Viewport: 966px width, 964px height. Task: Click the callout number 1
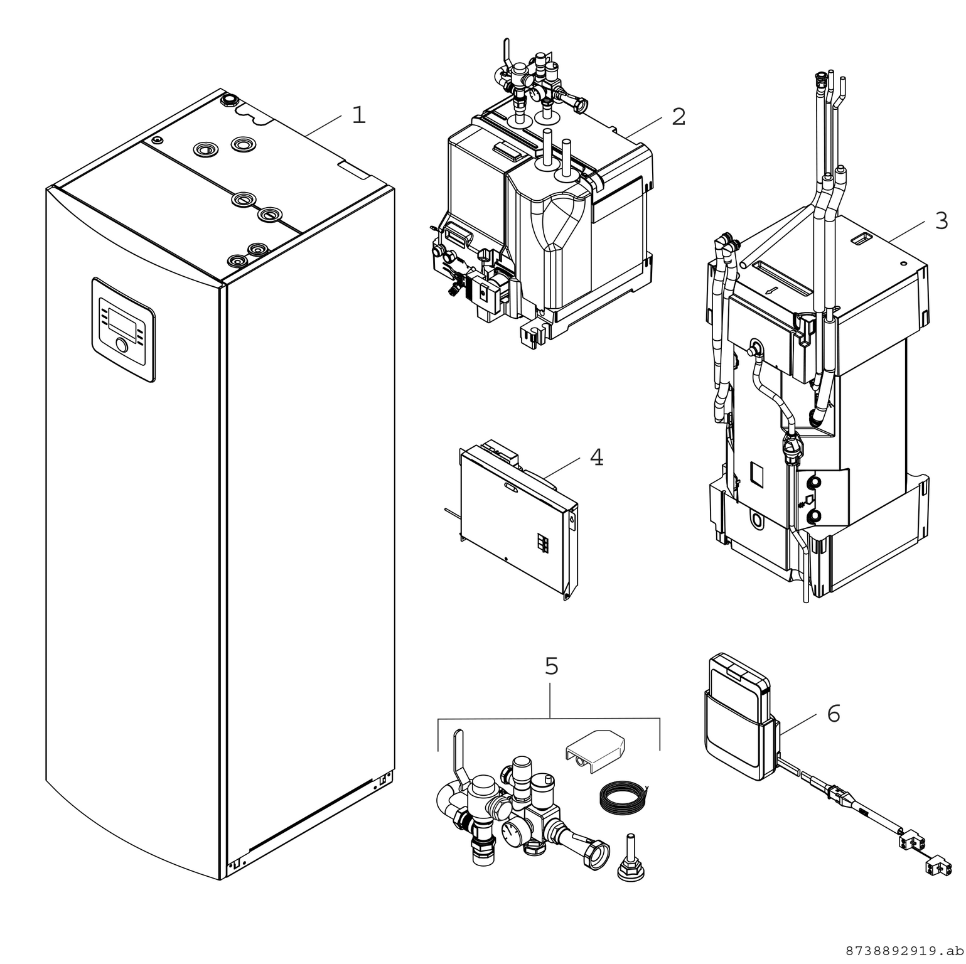pos(358,115)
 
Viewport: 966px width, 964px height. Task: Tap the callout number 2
pos(679,117)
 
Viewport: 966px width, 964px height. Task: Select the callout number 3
pos(941,221)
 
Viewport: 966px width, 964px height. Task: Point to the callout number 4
pos(596,458)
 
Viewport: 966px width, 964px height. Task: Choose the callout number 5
pos(551,667)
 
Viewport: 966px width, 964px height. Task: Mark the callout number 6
pos(833,714)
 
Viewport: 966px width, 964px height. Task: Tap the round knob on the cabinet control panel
pos(121,345)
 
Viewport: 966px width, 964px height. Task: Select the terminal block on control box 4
pos(543,543)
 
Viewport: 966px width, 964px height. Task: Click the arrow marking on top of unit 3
pos(771,291)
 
